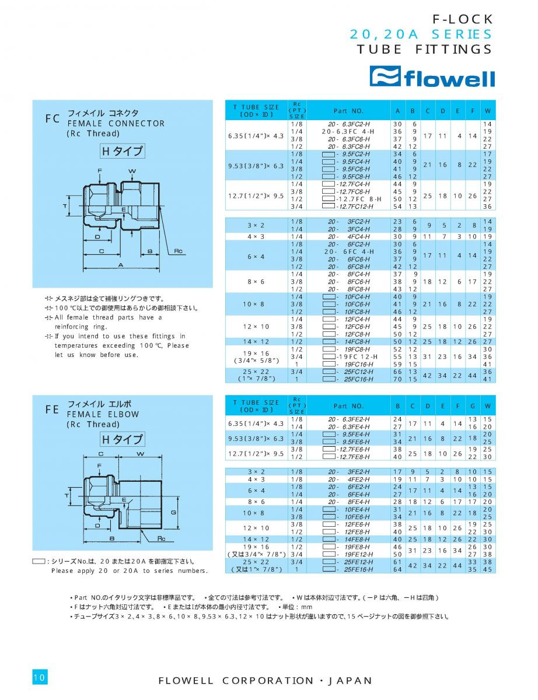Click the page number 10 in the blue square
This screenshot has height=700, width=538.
(40, 677)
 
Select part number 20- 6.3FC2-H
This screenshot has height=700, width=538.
(348, 124)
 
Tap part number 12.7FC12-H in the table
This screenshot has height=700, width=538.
(351, 206)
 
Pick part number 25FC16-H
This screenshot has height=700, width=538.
(351, 379)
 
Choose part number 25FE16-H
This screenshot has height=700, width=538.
(351, 569)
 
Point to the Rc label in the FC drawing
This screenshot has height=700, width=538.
(179, 251)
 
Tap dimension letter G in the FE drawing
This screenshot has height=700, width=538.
(173, 512)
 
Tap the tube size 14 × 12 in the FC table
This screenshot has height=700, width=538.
(256, 341)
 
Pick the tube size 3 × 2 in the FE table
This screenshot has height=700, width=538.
(256, 471)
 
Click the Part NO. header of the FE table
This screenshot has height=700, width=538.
(348, 405)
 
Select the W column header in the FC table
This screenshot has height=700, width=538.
(488, 110)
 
